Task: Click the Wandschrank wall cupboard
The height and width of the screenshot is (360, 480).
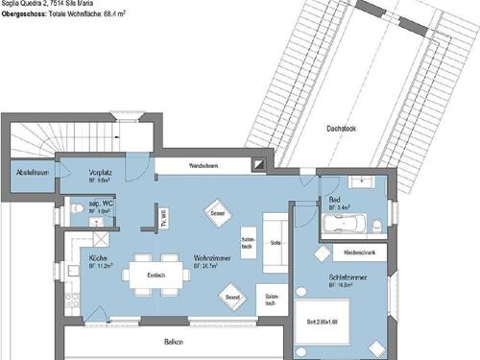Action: (x=204, y=165)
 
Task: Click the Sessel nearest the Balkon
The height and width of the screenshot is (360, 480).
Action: (x=233, y=299)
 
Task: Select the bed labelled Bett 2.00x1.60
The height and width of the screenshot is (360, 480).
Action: (x=336, y=323)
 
